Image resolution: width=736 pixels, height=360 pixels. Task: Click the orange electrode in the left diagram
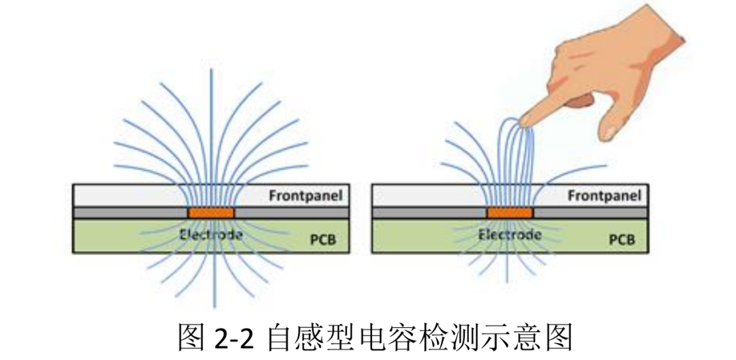pos(211,213)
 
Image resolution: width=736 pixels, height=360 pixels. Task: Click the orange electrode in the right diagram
pos(510,213)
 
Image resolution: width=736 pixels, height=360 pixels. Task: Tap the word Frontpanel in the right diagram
pos(604,195)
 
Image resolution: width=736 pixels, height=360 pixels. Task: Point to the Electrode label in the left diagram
pos(211,235)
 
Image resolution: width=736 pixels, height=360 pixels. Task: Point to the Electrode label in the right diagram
pos(510,235)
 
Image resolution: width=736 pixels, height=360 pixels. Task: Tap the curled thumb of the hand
pos(579,102)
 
